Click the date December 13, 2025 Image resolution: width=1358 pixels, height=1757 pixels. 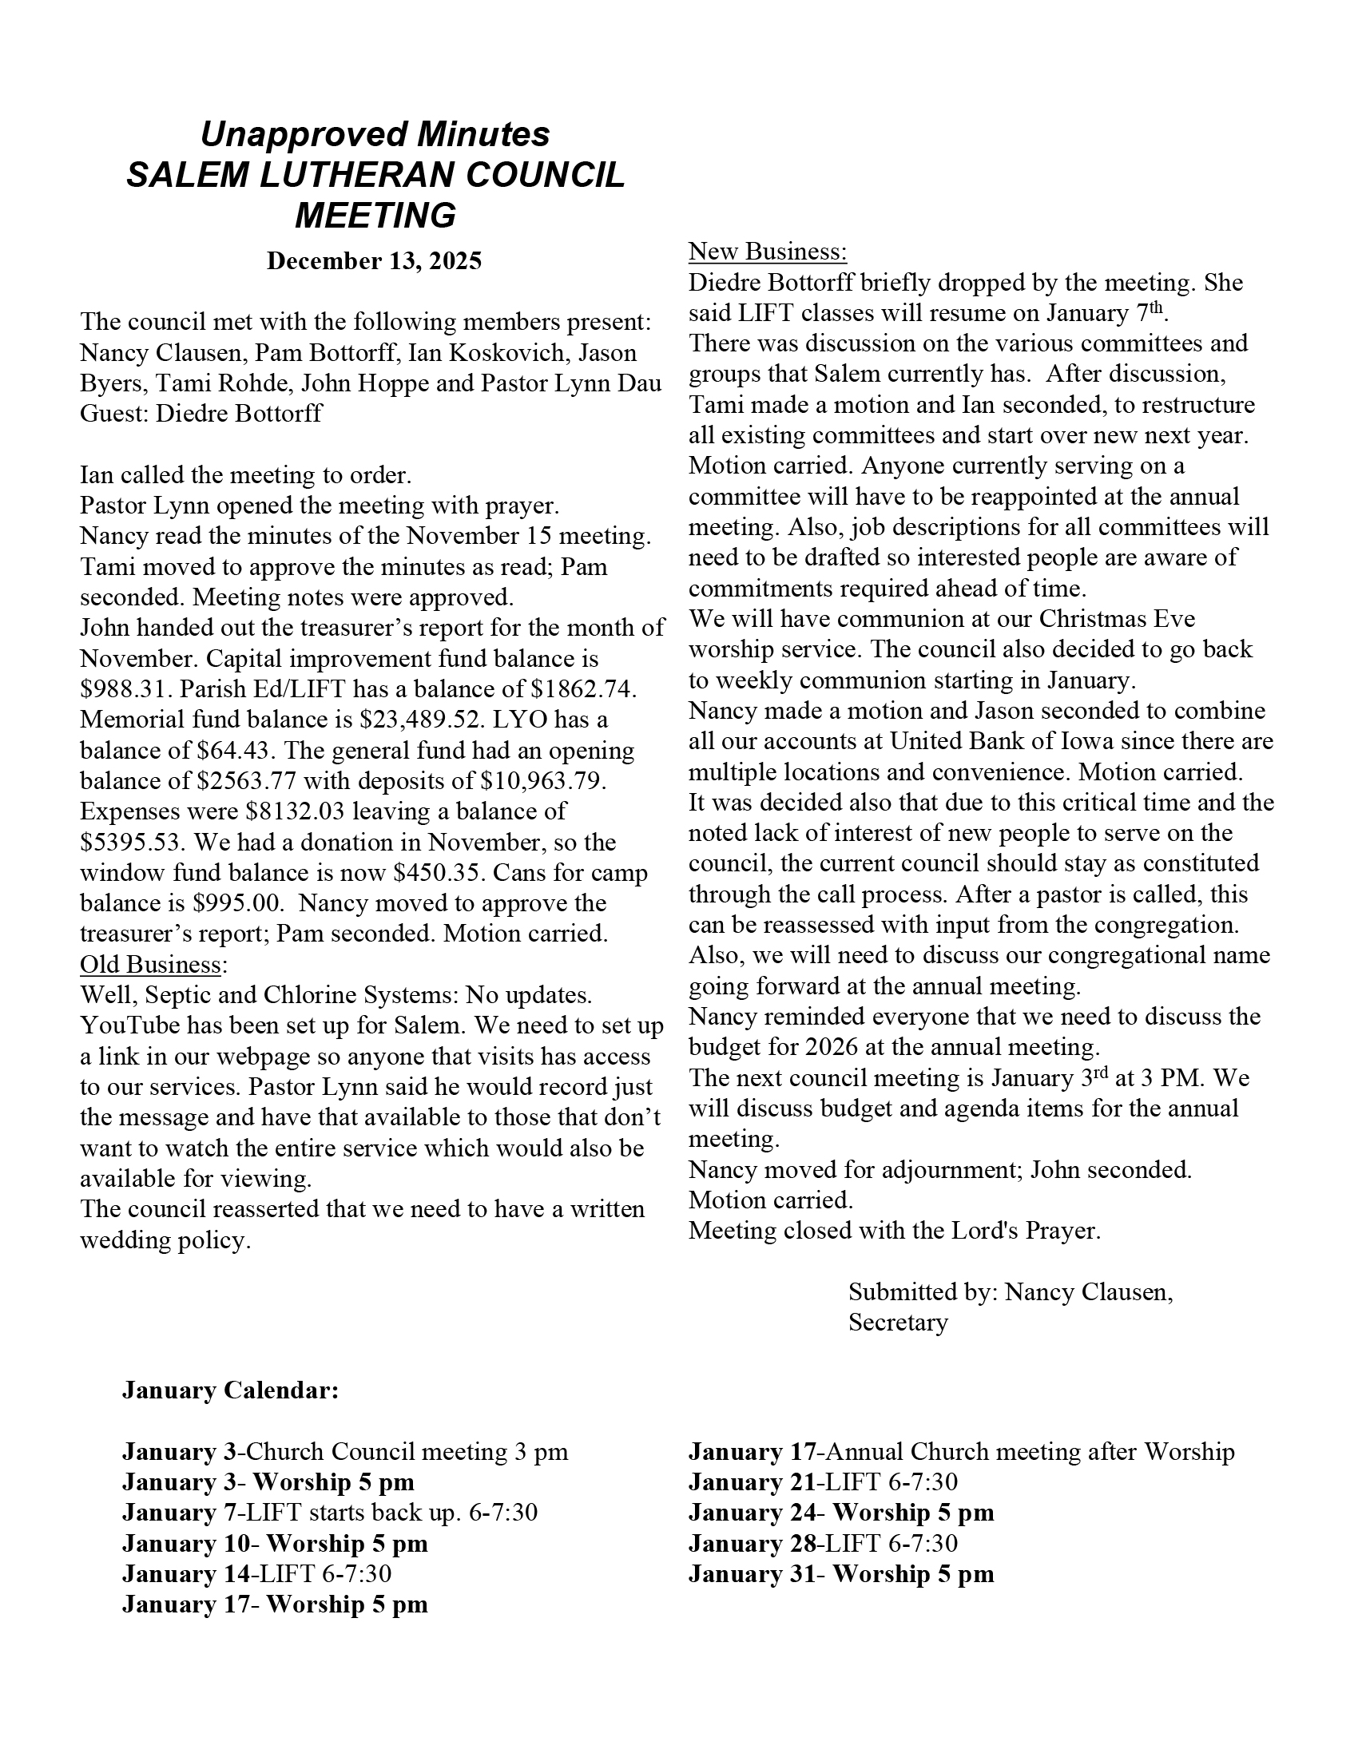pos(374,261)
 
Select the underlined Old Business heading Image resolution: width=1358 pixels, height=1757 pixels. pos(150,964)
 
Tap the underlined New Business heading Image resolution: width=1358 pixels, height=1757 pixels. pos(768,252)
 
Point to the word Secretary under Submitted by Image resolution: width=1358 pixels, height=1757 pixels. pos(898,1323)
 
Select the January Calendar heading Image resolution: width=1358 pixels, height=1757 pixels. pos(230,1391)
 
